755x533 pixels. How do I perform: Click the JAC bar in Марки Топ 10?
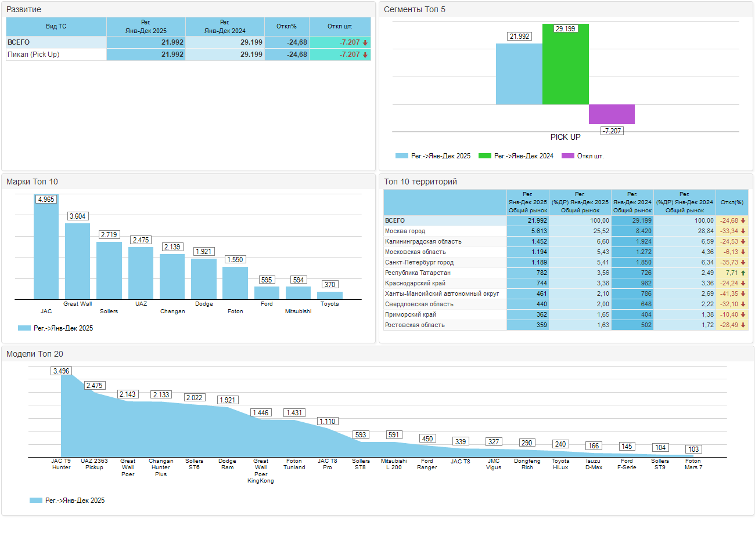click(46, 249)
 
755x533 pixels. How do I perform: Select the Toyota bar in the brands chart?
click(329, 295)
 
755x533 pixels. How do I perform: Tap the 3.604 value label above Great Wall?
click(78, 216)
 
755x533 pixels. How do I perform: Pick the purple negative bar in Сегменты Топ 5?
click(612, 114)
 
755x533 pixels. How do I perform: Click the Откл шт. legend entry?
click(590, 156)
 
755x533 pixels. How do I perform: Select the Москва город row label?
click(405, 231)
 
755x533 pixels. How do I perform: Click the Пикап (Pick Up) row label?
click(33, 55)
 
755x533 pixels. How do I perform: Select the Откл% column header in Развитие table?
click(287, 26)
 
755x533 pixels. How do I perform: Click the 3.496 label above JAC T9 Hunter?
click(61, 371)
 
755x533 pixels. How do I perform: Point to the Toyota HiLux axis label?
click(560, 465)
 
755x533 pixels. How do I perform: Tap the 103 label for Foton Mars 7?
click(693, 449)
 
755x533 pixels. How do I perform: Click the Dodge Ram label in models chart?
click(227, 465)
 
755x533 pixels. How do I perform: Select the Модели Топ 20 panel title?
click(34, 354)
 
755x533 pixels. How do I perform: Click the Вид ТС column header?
click(56, 26)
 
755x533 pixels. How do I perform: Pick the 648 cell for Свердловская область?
click(632, 304)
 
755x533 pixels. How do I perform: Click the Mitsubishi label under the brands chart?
click(298, 311)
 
